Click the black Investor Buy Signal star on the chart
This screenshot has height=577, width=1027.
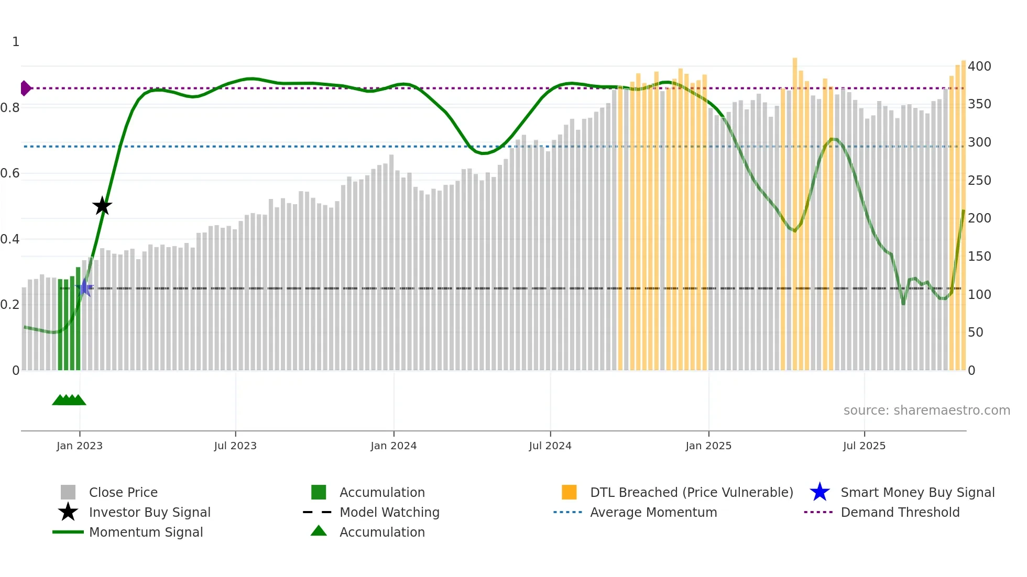tap(102, 206)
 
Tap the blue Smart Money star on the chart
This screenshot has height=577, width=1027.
tap(84, 287)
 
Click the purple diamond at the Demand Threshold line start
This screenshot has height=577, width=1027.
tap(25, 88)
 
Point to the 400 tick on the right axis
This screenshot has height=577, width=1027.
tap(979, 66)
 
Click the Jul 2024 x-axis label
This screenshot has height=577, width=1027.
tap(550, 446)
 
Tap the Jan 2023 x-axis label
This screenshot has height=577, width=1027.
tap(80, 446)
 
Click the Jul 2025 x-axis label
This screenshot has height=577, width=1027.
tap(864, 446)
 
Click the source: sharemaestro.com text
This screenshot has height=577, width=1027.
tap(926, 410)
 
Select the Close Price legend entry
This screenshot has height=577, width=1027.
tap(123, 492)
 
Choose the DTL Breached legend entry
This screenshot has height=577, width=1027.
tap(691, 492)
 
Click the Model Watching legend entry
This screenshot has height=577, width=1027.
tap(389, 512)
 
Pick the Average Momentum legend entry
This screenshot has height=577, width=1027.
tap(653, 512)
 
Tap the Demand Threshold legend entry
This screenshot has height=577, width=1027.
tap(900, 512)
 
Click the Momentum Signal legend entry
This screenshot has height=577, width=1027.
tap(146, 532)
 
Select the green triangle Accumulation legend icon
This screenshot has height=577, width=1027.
tap(319, 531)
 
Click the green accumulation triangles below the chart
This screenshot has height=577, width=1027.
tap(69, 400)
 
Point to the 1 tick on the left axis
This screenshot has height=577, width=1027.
tap(16, 42)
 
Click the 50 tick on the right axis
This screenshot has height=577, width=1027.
tap(975, 332)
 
